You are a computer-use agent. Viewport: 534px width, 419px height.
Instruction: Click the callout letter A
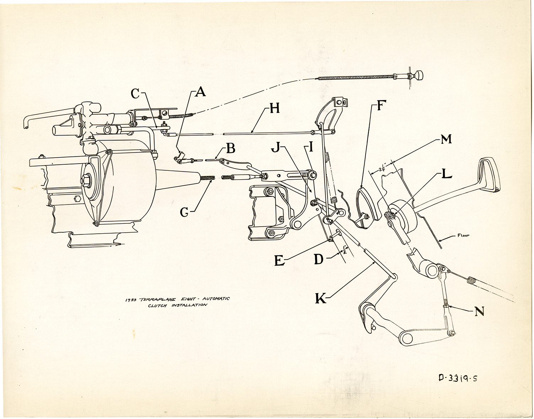pyautogui.click(x=200, y=92)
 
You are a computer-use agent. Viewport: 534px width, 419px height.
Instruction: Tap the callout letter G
pyautogui.click(x=184, y=212)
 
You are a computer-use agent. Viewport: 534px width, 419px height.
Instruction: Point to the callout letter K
pyautogui.click(x=320, y=298)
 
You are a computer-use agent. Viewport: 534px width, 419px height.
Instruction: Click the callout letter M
pyautogui.click(x=446, y=139)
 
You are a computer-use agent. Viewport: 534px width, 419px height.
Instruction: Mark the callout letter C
pyautogui.click(x=135, y=94)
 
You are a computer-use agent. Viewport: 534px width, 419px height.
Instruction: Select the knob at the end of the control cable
pyautogui.click(x=421, y=75)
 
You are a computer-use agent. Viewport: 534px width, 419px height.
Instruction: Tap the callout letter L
pyautogui.click(x=446, y=174)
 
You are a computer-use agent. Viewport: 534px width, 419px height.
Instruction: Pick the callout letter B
pyautogui.click(x=231, y=148)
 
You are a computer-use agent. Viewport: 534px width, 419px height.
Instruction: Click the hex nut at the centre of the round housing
pyautogui.click(x=87, y=181)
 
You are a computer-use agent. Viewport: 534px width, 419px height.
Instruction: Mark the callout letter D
pyautogui.click(x=318, y=259)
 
